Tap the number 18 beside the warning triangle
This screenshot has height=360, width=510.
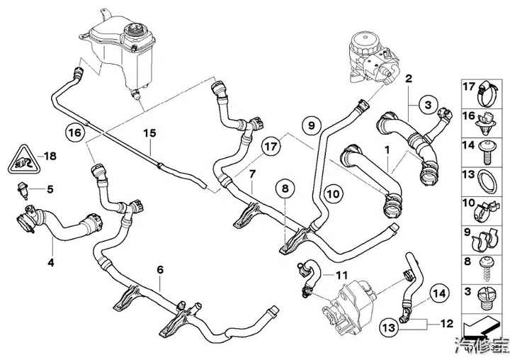(49, 155)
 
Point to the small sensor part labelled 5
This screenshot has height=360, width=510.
(23, 189)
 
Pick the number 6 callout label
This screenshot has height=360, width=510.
(160, 269)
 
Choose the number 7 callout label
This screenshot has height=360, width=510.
(251, 174)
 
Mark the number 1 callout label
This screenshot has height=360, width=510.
(387, 151)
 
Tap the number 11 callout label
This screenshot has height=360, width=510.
(343, 274)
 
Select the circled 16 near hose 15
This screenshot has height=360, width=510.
(74, 132)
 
